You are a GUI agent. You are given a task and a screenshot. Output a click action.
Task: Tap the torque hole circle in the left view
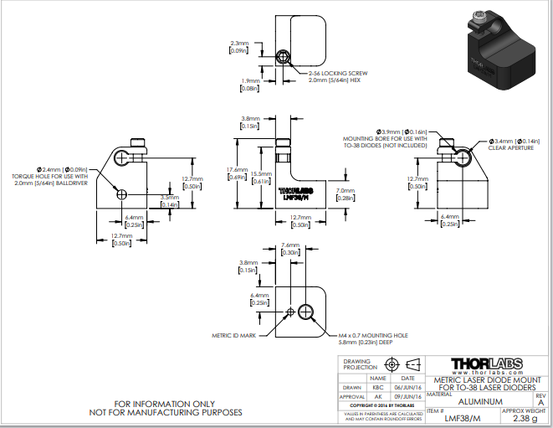click(121, 194)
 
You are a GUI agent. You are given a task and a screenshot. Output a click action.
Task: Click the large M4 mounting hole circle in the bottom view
click(306, 312)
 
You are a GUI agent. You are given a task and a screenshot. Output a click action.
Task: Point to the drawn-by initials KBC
click(379, 388)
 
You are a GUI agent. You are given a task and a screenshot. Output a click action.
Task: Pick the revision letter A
click(540, 403)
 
